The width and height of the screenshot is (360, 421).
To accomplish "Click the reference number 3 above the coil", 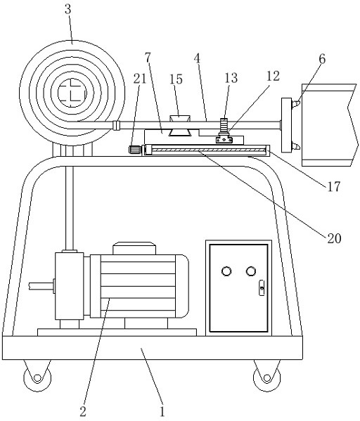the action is pyautogui.click(x=68, y=10).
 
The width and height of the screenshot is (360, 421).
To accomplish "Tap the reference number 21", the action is pyautogui.click(x=140, y=79).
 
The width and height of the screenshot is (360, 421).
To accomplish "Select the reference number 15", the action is pyautogui.click(x=176, y=79).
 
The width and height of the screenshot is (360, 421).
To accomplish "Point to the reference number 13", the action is pyautogui.click(x=231, y=78).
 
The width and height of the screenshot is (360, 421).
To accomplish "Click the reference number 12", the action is pyautogui.click(x=274, y=76).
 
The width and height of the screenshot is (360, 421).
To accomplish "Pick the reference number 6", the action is pyautogui.click(x=322, y=59).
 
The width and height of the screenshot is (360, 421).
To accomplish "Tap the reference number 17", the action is pyautogui.click(x=334, y=186).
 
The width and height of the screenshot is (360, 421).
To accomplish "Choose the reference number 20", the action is pyautogui.click(x=334, y=238).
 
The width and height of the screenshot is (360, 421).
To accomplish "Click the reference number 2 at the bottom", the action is pyautogui.click(x=83, y=411).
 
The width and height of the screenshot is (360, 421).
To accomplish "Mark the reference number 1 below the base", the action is pyautogui.click(x=162, y=411).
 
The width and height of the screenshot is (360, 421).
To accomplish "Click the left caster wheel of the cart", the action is pyautogui.click(x=37, y=378).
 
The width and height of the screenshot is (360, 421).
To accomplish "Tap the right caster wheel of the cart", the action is pyautogui.click(x=266, y=378).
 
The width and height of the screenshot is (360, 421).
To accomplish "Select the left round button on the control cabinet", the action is pyautogui.click(x=226, y=271).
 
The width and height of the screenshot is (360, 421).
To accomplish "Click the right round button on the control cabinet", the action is pyautogui.click(x=251, y=271).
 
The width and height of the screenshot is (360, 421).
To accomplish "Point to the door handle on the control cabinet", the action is pyautogui.click(x=262, y=288).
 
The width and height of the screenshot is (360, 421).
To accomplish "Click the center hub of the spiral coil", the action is pyautogui.click(x=72, y=93).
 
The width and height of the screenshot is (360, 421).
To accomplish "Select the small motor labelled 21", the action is pyautogui.click(x=135, y=150).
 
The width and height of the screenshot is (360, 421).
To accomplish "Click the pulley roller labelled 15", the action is pyautogui.click(x=180, y=125).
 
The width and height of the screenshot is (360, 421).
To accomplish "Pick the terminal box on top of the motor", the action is pyautogui.click(x=134, y=248).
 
